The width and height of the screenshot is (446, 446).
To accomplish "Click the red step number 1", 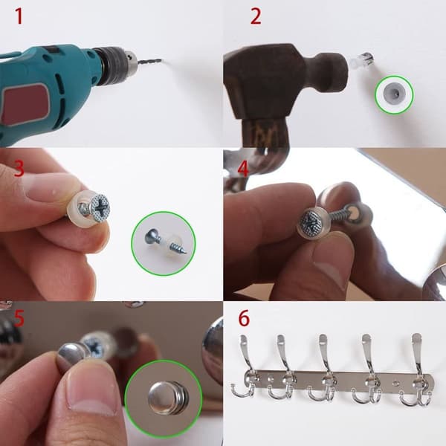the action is (19, 16).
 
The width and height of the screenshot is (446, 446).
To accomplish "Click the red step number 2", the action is (256, 16).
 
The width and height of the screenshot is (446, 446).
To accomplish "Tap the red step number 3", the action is (19, 169).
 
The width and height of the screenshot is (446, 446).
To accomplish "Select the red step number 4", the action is (243, 169).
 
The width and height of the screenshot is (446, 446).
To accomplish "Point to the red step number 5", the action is (19, 319).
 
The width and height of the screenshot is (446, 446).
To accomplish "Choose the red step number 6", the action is (244, 318).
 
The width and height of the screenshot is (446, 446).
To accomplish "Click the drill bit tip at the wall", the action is (161, 60).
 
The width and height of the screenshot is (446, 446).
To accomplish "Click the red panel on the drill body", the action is (25, 104).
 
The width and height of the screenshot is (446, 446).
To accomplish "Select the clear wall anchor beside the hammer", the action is (361, 59).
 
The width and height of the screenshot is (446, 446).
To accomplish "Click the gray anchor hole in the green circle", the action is (394, 94).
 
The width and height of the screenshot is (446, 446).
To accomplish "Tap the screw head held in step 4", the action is (311, 221).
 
